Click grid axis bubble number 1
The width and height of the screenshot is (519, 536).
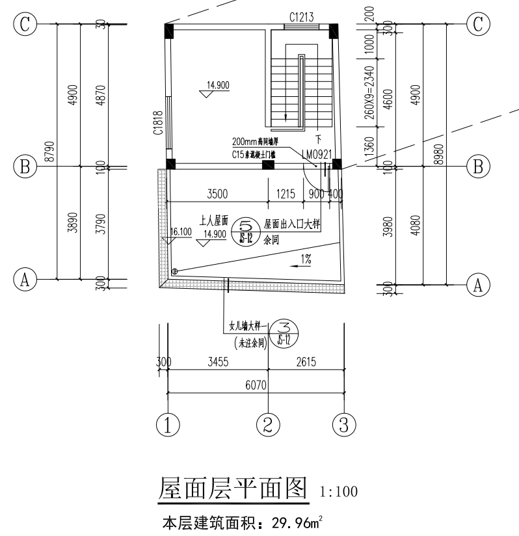168,425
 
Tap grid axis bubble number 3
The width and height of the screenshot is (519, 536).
344,425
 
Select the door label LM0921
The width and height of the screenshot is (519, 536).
317,154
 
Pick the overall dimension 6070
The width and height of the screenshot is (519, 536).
256,386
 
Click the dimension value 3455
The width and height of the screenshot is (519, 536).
218,362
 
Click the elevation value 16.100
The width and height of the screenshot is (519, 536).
181,232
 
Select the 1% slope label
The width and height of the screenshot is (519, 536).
305,259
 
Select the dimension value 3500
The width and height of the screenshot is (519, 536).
217,193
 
